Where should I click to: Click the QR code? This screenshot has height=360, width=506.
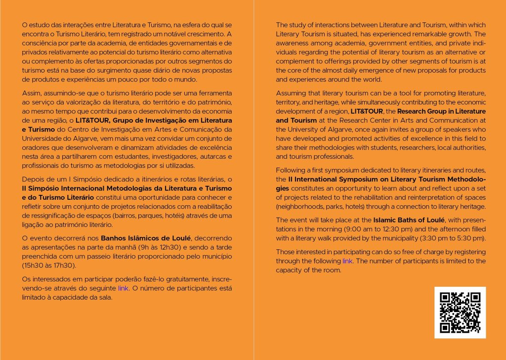460,313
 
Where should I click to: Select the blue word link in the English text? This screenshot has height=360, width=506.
347,261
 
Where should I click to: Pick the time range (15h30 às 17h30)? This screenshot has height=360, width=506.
49,265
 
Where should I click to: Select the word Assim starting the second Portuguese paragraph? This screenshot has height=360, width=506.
32,92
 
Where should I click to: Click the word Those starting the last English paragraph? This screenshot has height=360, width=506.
286,252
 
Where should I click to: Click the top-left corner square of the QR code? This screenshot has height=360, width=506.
445,298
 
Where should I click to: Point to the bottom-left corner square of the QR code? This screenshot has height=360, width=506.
445,327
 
